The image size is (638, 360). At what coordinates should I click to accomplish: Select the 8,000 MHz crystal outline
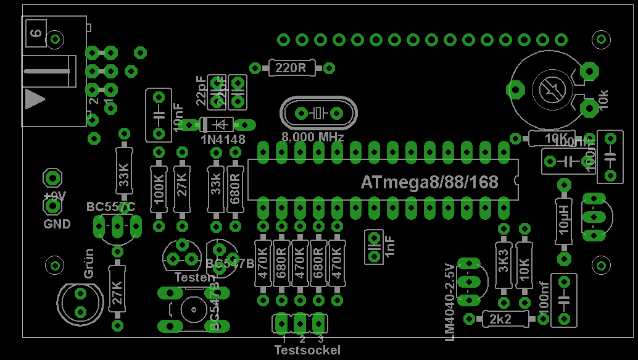click(318, 113)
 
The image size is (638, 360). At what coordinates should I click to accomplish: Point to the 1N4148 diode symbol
click(217, 125)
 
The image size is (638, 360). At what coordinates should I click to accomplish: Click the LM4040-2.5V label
click(449, 301)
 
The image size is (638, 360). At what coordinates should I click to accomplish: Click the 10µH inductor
click(563, 218)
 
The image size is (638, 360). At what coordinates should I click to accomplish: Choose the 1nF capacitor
click(373, 247)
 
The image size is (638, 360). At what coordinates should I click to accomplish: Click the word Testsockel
click(307, 350)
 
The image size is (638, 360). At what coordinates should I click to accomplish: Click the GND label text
click(57, 224)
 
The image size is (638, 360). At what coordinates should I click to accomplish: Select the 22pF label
click(202, 91)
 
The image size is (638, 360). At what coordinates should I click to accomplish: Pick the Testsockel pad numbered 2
click(300, 323)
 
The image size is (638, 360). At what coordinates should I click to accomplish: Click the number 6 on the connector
click(36, 33)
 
